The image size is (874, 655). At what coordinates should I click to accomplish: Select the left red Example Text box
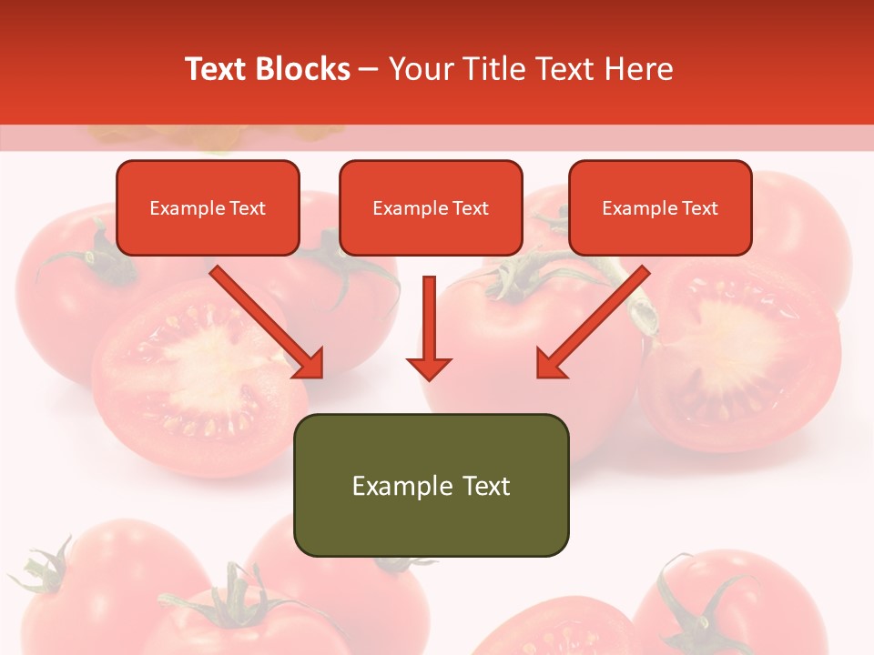(208, 207)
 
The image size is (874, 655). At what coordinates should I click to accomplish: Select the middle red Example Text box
(431, 207)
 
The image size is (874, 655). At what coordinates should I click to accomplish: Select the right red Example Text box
(660, 207)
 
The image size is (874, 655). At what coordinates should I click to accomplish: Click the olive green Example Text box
(431, 485)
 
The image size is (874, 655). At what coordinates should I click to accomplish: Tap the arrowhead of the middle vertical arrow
(429, 367)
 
